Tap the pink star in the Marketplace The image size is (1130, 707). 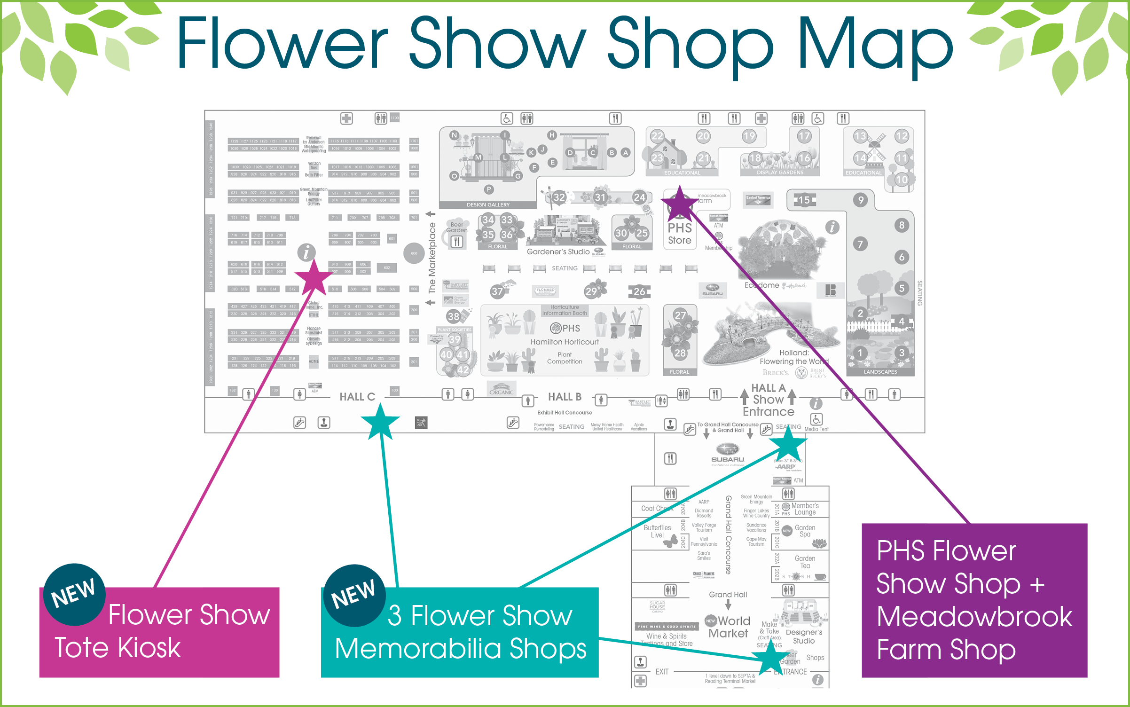click(314, 278)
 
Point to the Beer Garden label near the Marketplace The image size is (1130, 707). click(457, 227)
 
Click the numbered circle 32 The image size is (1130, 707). click(559, 197)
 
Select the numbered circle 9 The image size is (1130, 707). click(861, 200)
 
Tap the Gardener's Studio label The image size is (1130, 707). click(558, 252)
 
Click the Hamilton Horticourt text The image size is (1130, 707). click(565, 342)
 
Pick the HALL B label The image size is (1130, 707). click(565, 397)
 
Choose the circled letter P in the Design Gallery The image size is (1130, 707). click(489, 189)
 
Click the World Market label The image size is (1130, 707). click(729, 627)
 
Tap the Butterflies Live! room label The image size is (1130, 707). click(657, 531)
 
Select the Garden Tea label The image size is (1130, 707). click(805, 562)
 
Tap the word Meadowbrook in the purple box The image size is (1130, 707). click(974, 617)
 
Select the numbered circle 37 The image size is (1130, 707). click(497, 292)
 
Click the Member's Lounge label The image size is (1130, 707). click(805, 509)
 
